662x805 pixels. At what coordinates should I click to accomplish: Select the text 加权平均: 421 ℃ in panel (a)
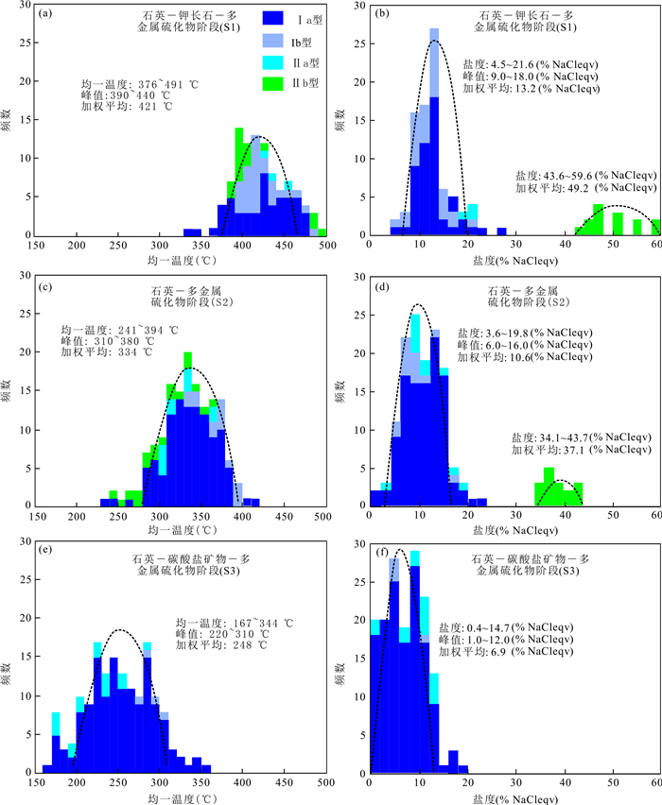(x=127, y=107)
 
